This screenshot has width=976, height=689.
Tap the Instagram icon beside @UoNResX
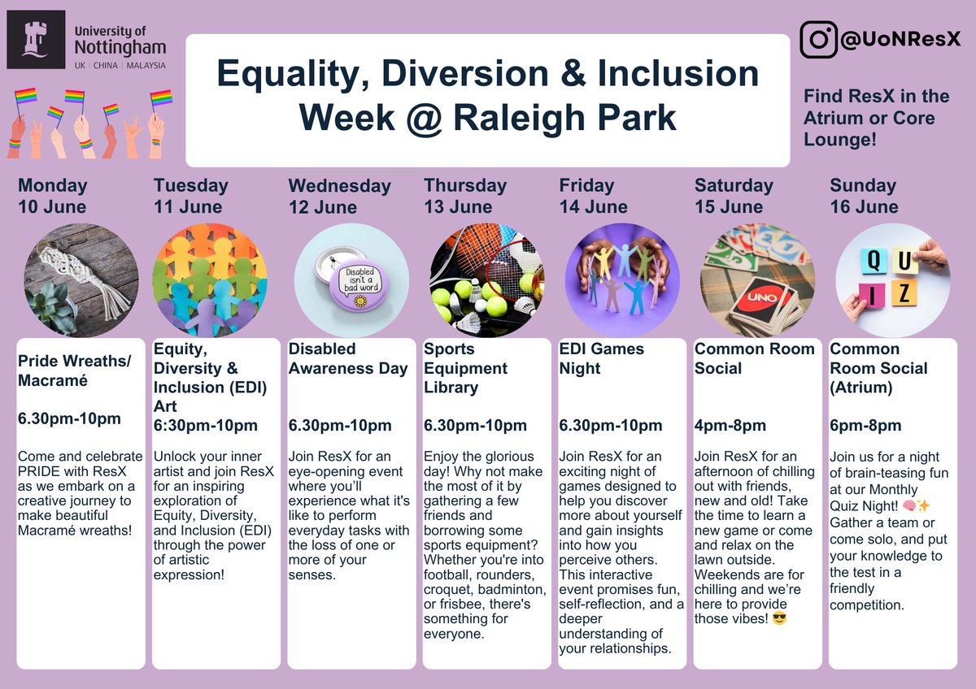pyautogui.click(x=818, y=40)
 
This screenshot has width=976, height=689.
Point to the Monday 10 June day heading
pyautogui.click(x=52, y=196)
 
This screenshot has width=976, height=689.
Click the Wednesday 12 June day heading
pyautogui.click(x=339, y=196)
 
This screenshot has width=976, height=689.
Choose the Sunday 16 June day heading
pyautogui.click(x=864, y=196)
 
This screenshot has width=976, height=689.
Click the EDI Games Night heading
pyautogui.click(x=602, y=358)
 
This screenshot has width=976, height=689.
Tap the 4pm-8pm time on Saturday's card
pyautogui.click(x=730, y=426)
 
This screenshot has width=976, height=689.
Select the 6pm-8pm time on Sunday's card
pyautogui.click(x=865, y=426)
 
